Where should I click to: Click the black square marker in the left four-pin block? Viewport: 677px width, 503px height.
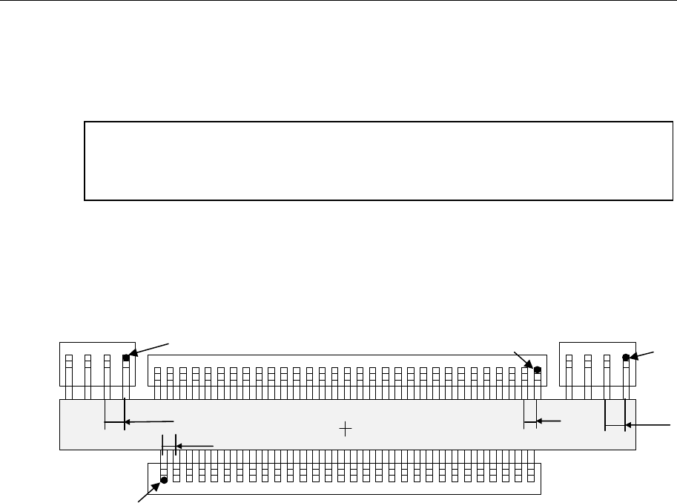pyautogui.click(x=126, y=358)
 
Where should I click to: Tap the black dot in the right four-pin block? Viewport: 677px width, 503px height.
pyautogui.click(x=626, y=357)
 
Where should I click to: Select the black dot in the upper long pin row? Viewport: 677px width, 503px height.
pyautogui.click(x=538, y=369)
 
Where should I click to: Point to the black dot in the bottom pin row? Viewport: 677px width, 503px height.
pyautogui.click(x=164, y=479)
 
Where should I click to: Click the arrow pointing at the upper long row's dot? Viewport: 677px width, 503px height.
pyautogui.click(x=524, y=359)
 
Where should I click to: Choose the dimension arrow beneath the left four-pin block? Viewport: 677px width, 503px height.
pyautogui.click(x=148, y=422)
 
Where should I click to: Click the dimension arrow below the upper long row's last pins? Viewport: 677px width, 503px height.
pyautogui.click(x=549, y=421)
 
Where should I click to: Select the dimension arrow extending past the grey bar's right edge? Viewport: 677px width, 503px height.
pyautogui.click(x=648, y=426)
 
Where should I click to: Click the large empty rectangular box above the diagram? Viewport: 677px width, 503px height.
pyautogui.click(x=378, y=160)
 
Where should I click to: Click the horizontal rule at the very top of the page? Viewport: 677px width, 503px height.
pyautogui.click(x=338, y=1)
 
